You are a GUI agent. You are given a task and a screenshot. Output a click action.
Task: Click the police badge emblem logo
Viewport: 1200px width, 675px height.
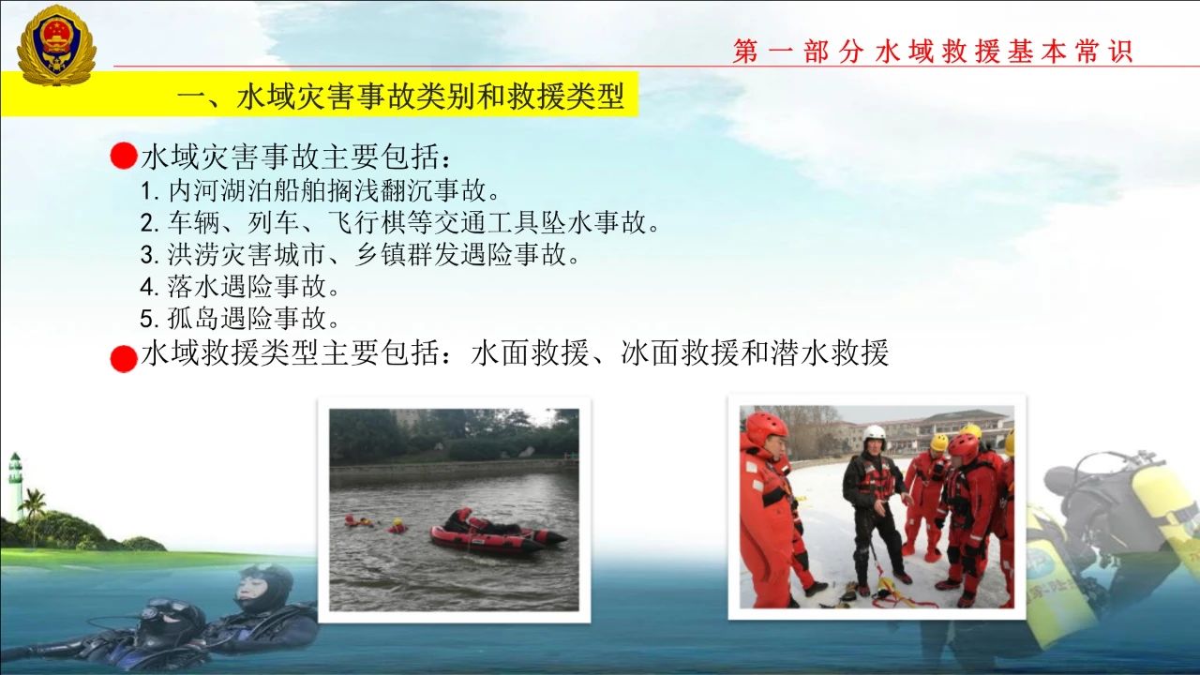point(57,46)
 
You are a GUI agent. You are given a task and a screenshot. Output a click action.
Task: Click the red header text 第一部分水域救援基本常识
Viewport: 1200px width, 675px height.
point(933,52)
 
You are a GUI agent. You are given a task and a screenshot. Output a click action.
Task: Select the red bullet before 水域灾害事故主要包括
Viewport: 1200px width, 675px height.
point(123,156)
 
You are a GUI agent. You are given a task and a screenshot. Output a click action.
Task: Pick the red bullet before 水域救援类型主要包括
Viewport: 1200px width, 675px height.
point(124,358)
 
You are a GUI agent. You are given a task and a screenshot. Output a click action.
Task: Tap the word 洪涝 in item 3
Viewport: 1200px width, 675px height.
point(193,254)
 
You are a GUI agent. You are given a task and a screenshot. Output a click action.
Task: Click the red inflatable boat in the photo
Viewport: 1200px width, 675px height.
point(497,533)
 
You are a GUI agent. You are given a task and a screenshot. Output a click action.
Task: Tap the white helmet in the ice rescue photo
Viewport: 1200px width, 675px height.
point(875,433)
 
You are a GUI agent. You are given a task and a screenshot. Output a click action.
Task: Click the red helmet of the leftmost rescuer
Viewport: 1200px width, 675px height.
point(766,427)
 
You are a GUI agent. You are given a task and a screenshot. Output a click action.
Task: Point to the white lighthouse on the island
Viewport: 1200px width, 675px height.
point(15,485)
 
